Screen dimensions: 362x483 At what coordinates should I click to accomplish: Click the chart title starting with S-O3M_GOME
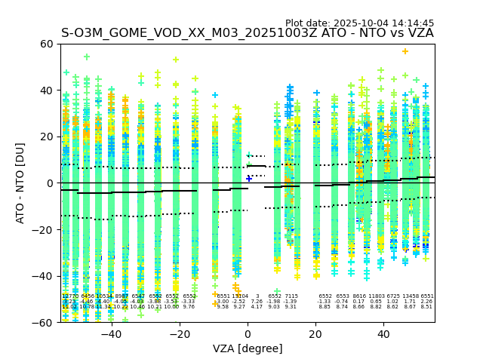[x=247, y=33]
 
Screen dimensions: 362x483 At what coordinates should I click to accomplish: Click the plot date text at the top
[x=359, y=23]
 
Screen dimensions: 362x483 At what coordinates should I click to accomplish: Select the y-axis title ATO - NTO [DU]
[x=20, y=183]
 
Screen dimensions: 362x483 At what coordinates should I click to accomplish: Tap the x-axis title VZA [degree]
[x=248, y=348]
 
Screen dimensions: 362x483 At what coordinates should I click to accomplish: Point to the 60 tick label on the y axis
[x=47, y=44]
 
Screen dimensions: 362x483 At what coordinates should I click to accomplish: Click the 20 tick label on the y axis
[x=47, y=137]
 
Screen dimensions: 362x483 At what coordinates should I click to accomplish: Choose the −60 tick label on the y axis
[x=44, y=322]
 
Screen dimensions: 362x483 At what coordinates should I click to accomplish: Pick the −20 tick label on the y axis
[x=44, y=229]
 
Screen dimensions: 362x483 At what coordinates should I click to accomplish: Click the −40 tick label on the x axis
[x=111, y=333]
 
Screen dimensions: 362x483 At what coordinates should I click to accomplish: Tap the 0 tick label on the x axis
[x=248, y=333]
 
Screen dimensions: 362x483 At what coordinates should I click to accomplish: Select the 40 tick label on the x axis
[x=383, y=333]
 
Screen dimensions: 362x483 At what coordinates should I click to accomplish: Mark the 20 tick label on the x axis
[x=315, y=333]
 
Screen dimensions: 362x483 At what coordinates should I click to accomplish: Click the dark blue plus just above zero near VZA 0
[x=249, y=179]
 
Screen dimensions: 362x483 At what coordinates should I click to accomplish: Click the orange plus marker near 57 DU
[x=405, y=51]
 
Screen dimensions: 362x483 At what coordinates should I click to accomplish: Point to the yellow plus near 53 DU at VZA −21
[x=176, y=60]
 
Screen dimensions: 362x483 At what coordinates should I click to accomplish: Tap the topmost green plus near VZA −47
[x=87, y=57]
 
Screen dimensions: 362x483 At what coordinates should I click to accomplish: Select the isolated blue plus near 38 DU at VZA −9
[x=215, y=95]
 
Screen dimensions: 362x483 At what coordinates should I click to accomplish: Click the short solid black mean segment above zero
[x=257, y=166]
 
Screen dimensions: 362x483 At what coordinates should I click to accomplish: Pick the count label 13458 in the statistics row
[x=411, y=296]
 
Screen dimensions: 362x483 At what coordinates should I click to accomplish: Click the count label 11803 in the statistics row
[x=375, y=296]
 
